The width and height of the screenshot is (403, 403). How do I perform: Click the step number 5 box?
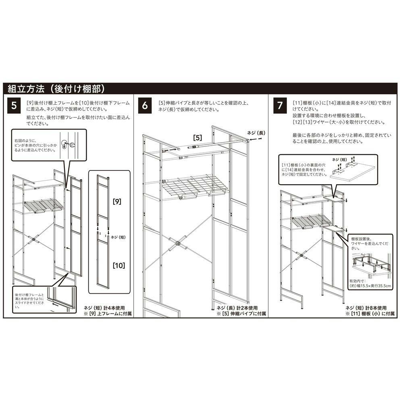15,106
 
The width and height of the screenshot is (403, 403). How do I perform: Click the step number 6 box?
145,106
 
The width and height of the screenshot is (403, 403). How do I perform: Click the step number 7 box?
280,106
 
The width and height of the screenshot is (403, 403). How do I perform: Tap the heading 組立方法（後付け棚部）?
56,89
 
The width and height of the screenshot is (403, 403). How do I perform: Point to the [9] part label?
117,200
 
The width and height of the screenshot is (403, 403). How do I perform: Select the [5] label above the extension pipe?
197,137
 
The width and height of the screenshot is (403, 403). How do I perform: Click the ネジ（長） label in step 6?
256,133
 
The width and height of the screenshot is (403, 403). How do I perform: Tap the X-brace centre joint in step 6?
177,245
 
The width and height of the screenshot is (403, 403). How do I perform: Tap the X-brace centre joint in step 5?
33,241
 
